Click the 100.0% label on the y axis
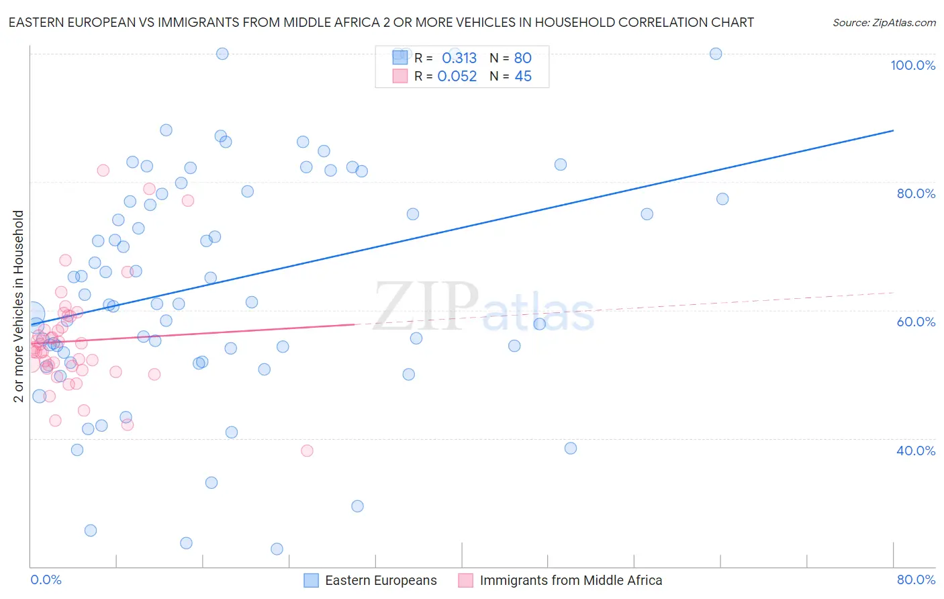click(x=912, y=65)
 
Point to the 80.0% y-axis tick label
click(x=916, y=193)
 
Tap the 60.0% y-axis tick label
click(x=916, y=322)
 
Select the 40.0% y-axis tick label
click(x=916, y=451)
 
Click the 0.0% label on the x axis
click(x=46, y=580)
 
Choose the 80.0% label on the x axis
click(x=916, y=580)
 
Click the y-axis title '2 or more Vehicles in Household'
click(x=18, y=306)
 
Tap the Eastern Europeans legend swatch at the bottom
click(x=311, y=580)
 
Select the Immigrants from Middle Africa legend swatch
click(x=465, y=580)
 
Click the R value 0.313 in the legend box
click(x=459, y=58)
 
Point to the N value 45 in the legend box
click(x=523, y=77)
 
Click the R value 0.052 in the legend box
click(x=457, y=77)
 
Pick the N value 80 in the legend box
click(x=523, y=58)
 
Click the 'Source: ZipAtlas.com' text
click(x=884, y=23)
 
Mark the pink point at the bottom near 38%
click(x=307, y=451)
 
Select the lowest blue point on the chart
click(x=277, y=549)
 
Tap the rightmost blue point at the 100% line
click(x=716, y=54)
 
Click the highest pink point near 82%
click(x=103, y=171)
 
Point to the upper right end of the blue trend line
click(x=893, y=130)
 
